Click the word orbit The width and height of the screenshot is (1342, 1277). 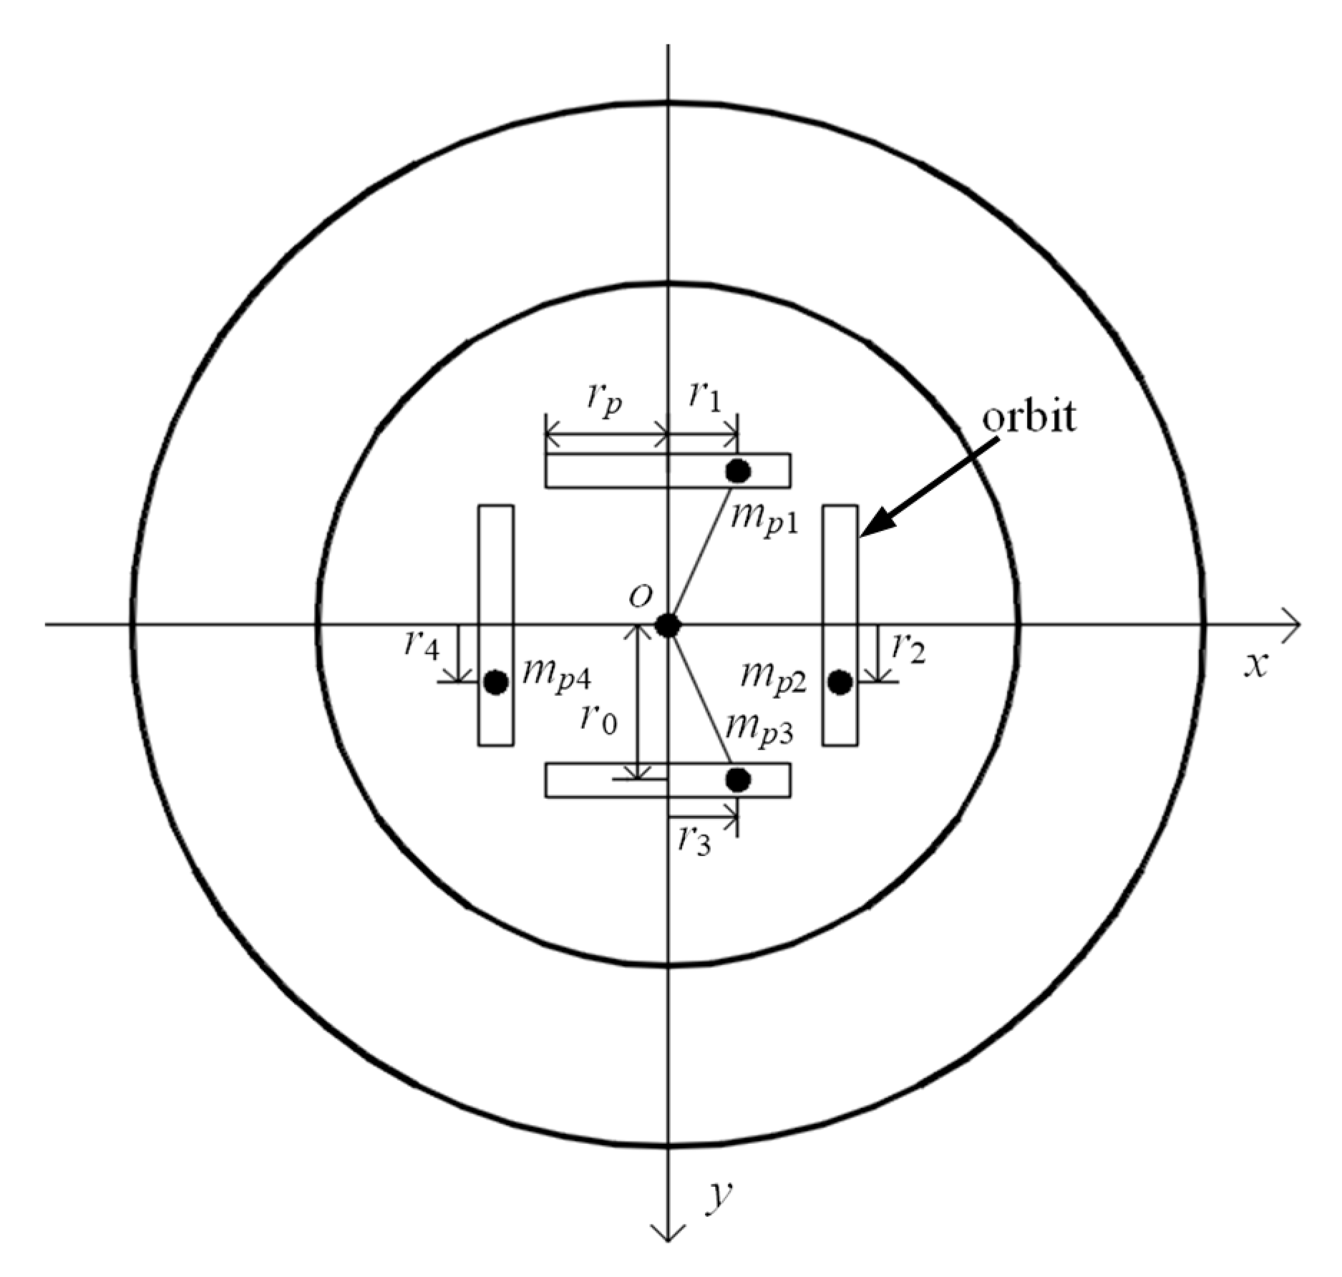(1028, 417)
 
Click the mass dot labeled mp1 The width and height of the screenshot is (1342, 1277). (738, 471)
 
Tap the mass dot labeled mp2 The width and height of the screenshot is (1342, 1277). (840, 682)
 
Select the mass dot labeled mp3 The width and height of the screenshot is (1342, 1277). (738, 780)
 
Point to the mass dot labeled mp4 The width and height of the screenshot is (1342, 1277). (495, 682)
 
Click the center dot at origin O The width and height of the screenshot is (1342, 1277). (668, 625)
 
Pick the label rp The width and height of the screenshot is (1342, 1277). (606, 401)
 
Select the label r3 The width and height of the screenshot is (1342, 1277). (694, 841)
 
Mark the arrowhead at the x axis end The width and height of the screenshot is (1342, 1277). (1293, 625)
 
